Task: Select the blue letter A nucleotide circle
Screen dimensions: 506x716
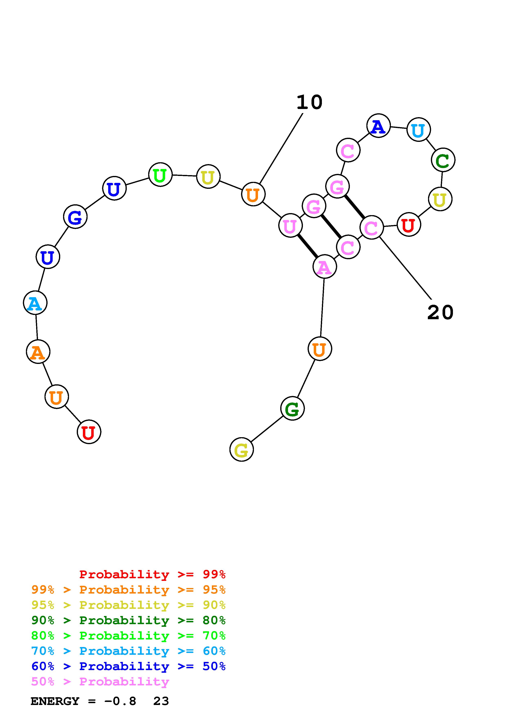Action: click(378, 126)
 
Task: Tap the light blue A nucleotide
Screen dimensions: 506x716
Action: click(35, 302)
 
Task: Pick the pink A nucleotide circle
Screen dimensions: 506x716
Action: click(325, 267)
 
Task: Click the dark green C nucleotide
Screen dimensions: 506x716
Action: click(443, 160)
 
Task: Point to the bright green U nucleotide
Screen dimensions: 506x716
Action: click(160, 175)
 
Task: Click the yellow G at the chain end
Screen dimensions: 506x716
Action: click(241, 449)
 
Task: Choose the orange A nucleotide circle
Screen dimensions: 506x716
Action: click(38, 352)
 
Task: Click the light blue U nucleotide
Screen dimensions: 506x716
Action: click(418, 129)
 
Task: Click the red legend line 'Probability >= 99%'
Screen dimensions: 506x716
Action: click(152, 574)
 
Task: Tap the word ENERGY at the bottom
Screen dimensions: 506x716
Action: click(55, 701)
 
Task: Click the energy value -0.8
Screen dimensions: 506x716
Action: click(120, 701)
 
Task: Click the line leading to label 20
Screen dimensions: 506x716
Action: click(405, 268)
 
